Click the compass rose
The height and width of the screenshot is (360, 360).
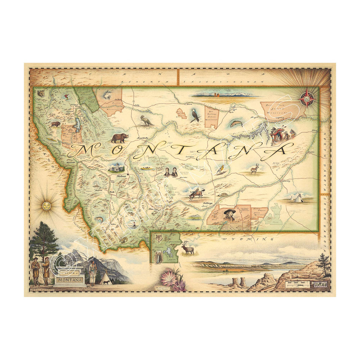(x=307, y=99)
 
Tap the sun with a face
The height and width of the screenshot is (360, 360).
(x=47, y=205)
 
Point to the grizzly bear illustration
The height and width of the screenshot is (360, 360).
(x=120, y=138)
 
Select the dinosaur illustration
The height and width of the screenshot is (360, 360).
(x=146, y=121)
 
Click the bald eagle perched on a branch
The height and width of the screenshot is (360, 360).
(x=195, y=115)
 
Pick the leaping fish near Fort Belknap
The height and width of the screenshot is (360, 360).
(x=236, y=123)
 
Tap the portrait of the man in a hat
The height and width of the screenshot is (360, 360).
(x=229, y=215)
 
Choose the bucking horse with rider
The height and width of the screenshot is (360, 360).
(x=197, y=194)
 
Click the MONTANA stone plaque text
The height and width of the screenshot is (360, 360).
(x=70, y=280)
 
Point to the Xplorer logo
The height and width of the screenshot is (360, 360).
(x=320, y=284)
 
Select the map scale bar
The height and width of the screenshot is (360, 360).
(x=297, y=284)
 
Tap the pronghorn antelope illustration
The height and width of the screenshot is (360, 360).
(x=254, y=169)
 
